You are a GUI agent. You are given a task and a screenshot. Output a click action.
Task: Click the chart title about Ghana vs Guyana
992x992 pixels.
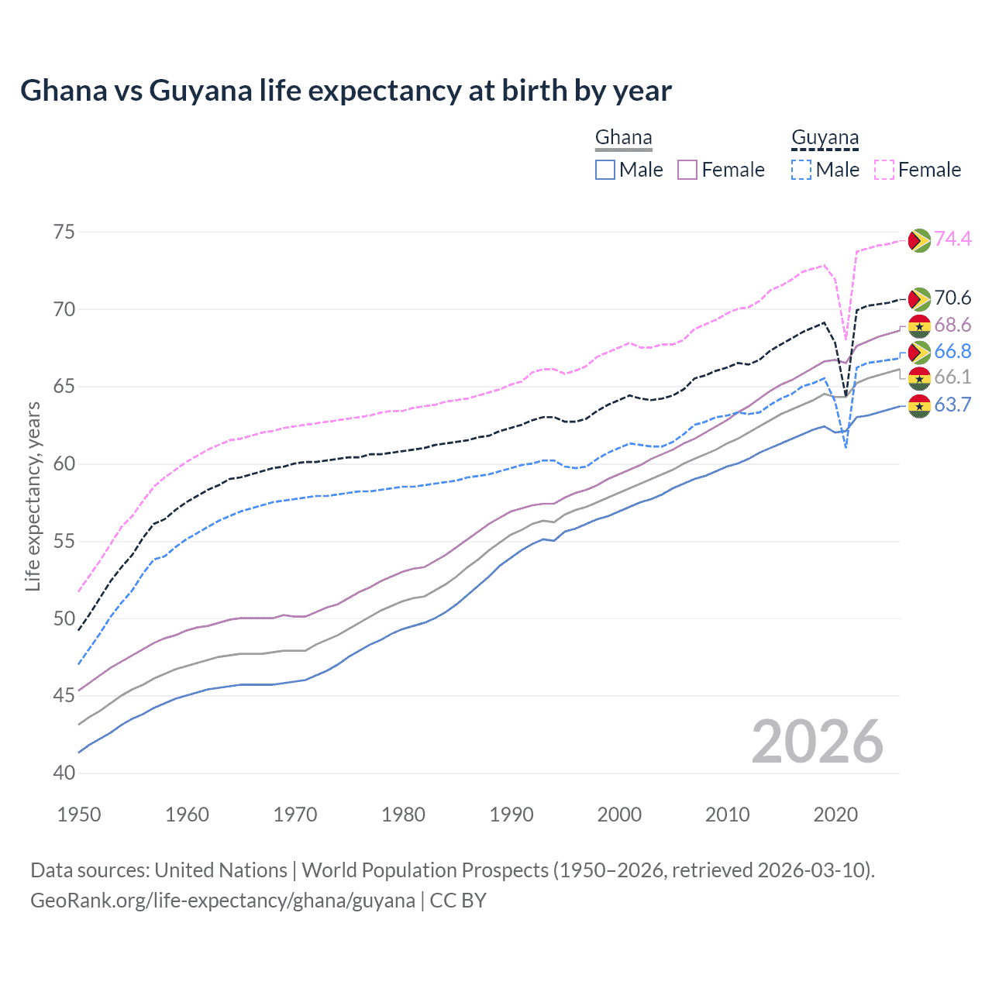pos(346,91)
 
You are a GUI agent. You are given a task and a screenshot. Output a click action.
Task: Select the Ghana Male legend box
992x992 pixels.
pos(605,170)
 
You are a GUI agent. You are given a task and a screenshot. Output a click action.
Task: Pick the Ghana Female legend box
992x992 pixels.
pos(687,170)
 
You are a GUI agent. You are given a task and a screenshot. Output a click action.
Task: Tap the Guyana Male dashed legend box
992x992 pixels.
pos(801,170)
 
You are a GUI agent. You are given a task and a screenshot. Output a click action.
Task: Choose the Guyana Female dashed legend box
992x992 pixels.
pos(883,170)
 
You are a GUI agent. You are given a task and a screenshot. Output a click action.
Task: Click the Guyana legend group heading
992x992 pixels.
pos(825,138)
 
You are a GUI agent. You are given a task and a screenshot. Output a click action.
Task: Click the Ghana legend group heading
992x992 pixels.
pos(623,138)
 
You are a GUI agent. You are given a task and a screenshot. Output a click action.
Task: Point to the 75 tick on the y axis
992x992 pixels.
pos(64,232)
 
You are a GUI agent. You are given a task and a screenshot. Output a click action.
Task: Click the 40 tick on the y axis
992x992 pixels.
pos(64,773)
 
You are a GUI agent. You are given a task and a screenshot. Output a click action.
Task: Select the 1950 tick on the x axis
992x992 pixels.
pos(79,815)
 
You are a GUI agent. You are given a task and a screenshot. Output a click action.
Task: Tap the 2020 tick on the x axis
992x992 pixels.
pos(835,815)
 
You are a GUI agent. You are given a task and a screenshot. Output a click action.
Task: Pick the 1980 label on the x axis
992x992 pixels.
pos(403,815)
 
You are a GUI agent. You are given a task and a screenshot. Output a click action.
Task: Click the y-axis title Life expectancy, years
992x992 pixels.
pos(33,496)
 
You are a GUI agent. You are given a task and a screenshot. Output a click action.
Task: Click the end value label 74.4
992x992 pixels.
pos(952,239)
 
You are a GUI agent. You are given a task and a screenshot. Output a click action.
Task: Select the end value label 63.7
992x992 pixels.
pos(952,405)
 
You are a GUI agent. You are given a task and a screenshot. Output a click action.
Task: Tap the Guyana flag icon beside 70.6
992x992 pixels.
pos(919,299)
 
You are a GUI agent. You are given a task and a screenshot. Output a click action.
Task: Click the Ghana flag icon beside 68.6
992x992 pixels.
pos(919,326)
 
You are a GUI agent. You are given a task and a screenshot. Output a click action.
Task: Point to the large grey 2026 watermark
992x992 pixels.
pos(817,742)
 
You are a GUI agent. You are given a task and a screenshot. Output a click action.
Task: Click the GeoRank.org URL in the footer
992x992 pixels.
pos(222,901)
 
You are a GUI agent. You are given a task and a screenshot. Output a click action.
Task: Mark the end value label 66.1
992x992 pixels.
pos(952,377)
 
